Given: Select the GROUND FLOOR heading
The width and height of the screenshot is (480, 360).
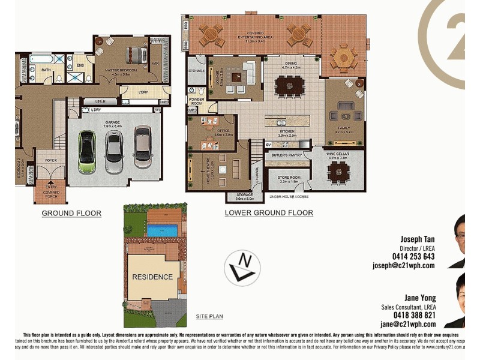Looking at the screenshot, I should coord(71,213).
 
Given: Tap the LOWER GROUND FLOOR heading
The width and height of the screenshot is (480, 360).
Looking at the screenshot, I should coord(268,212).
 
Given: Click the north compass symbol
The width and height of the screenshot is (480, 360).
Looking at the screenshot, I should coord(242,267).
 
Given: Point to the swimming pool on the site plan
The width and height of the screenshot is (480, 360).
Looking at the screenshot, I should coord(162,230).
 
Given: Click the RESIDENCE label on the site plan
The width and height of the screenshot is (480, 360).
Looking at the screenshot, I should coord(153,277).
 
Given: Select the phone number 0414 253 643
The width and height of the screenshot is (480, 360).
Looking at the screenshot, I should coord(413,256).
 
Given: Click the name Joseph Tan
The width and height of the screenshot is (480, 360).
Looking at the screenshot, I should coord(417,238).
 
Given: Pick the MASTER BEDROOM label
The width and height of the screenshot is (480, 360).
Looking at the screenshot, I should coord(121,70).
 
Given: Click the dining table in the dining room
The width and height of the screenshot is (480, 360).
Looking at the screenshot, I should coord(290,88).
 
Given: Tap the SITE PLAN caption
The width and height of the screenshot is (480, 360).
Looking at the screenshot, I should coord(209,316).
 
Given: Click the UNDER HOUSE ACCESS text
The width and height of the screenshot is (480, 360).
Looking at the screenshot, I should coord(290,197).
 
